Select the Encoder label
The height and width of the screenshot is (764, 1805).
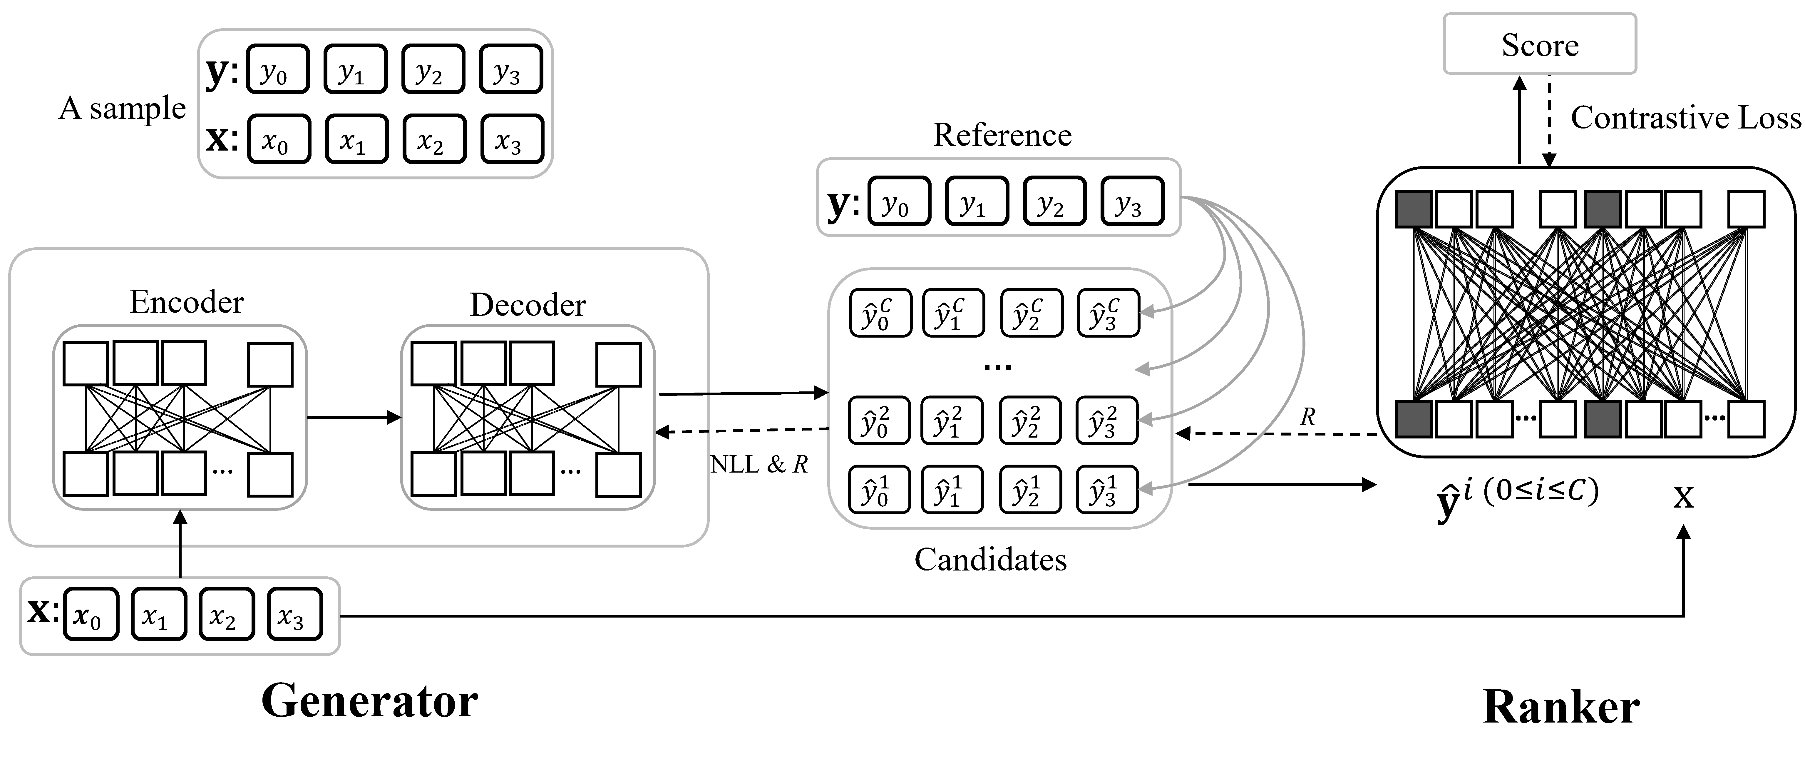186,302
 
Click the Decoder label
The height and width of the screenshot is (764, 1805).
528,305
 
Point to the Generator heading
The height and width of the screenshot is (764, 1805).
369,701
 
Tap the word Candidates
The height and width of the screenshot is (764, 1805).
990,559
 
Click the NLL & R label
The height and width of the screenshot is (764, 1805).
759,464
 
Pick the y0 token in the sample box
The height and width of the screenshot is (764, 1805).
278,69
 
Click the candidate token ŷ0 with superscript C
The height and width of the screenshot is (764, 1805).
880,313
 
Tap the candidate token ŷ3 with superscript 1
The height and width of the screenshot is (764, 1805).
1106,489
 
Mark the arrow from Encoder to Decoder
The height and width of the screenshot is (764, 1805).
354,418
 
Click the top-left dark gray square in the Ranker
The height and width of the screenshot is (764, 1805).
1414,209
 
